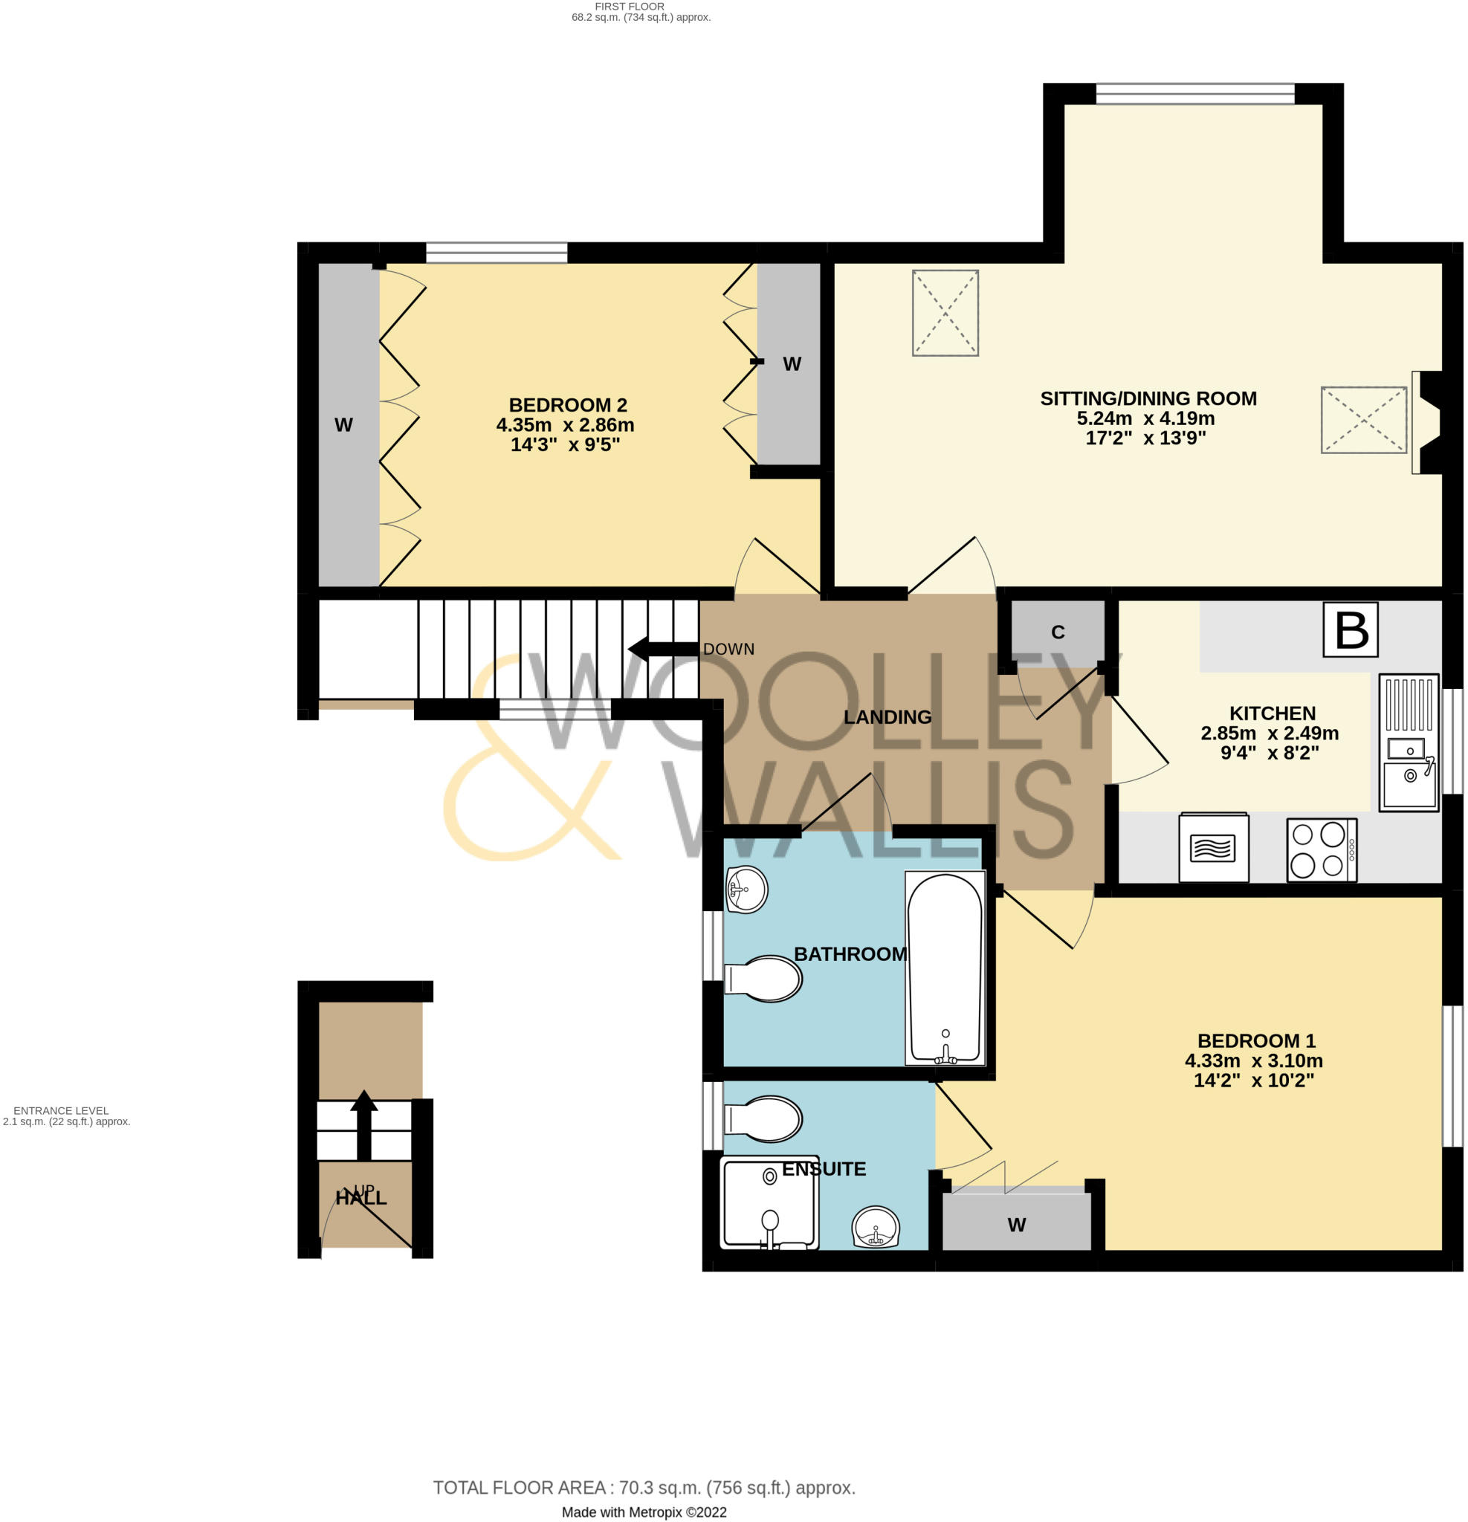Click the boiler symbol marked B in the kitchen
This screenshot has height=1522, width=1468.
click(x=1350, y=629)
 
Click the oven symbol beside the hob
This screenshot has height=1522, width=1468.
click(x=1213, y=847)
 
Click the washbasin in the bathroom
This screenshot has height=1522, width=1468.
click(x=746, y=889)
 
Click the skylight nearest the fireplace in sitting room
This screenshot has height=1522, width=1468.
click(x=1363, y=420)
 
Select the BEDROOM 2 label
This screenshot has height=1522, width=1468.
click(x=567, y=404)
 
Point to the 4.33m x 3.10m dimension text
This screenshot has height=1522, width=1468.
click(x=1253, y=1060)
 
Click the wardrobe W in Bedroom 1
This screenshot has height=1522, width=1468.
click(x=1016, y=1225)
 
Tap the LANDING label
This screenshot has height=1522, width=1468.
click(x=887, y=716)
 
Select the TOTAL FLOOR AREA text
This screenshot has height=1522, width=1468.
click(x=643, y=1488)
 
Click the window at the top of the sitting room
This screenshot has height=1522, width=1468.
click(x=1194, y=94)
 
